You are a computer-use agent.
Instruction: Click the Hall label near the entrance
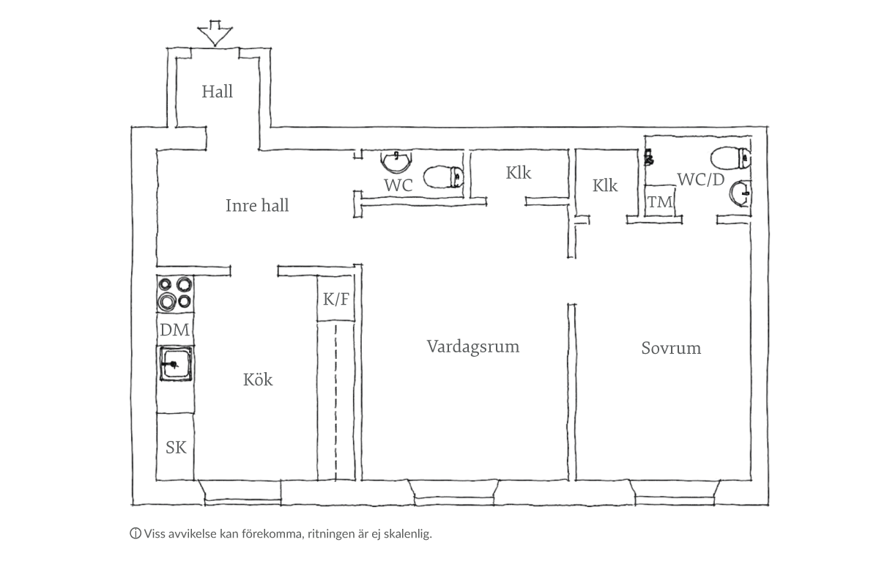218,92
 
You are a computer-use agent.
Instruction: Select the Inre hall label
256,206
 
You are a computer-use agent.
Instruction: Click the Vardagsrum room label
473,346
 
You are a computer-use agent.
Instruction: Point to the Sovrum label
671,348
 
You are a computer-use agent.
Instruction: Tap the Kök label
258,380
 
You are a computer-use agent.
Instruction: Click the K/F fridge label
335,299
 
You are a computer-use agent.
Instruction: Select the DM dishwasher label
174,330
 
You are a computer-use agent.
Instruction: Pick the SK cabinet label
176,447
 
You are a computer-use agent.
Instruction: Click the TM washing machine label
660,201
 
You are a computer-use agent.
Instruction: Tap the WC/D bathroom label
701,179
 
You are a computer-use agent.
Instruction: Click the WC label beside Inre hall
398,185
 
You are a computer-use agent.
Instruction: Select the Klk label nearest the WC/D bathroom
605,186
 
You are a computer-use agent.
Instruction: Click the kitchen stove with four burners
175,292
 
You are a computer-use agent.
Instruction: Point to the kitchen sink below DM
176,363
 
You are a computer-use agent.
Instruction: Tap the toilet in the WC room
442,177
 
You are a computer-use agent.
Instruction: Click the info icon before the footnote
135,533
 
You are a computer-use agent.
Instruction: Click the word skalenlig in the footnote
410,533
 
